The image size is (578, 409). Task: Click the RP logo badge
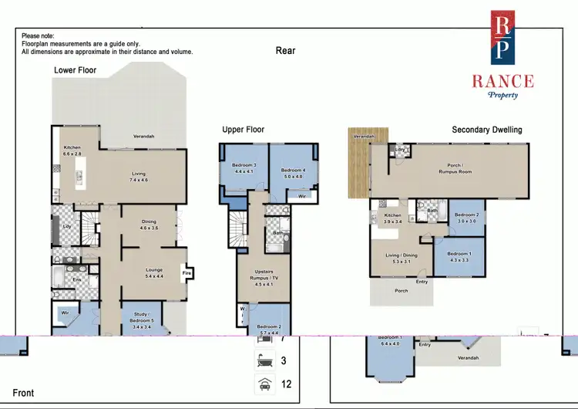pos(505,36)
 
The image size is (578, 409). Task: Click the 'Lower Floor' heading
pos(76,70)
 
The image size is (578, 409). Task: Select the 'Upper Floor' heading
pos(244,130)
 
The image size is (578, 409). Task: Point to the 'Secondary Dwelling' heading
pos(486,130)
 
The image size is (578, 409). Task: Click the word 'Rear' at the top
pos(286,51)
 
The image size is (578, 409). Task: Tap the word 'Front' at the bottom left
pos(23,394)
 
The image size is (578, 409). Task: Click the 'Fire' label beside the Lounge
pos(185,273)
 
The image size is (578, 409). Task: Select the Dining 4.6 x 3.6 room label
pos(149,225)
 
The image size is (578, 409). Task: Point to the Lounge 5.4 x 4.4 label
pos(153,273)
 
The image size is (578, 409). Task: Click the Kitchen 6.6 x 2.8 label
pos(72,151)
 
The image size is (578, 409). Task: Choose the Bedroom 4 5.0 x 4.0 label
pos(293,174)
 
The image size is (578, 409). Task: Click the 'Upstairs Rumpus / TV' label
pos(264,280)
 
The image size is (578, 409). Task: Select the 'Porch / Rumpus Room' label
pos(459,168)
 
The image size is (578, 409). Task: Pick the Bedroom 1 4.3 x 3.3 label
pos(459,256)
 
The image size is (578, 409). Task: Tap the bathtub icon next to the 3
pos(264,360)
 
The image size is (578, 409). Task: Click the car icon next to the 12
pos(264,383)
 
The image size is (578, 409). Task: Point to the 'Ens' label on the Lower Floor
pos(78,279)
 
